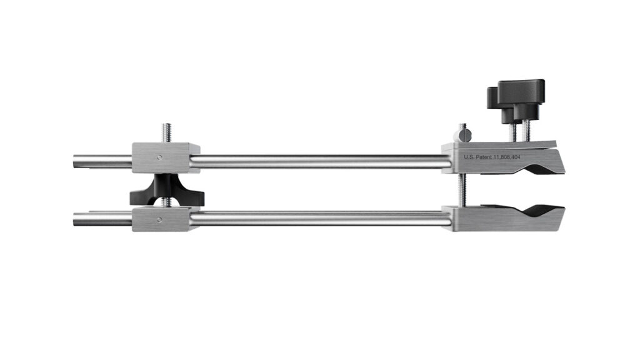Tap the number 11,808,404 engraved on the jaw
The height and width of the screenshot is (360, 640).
[x=507, y=157]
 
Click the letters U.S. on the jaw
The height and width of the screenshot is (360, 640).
[x=469, y=157]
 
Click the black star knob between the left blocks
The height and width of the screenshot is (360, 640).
[x=166, y=191]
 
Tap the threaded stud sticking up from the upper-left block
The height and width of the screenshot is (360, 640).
[x=166, y=132]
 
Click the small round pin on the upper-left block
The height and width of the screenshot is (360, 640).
[x=159, y=157]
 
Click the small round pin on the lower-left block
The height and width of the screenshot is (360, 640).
[x=159, y=219]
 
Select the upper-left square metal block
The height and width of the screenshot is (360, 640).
[x=165, y=157]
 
